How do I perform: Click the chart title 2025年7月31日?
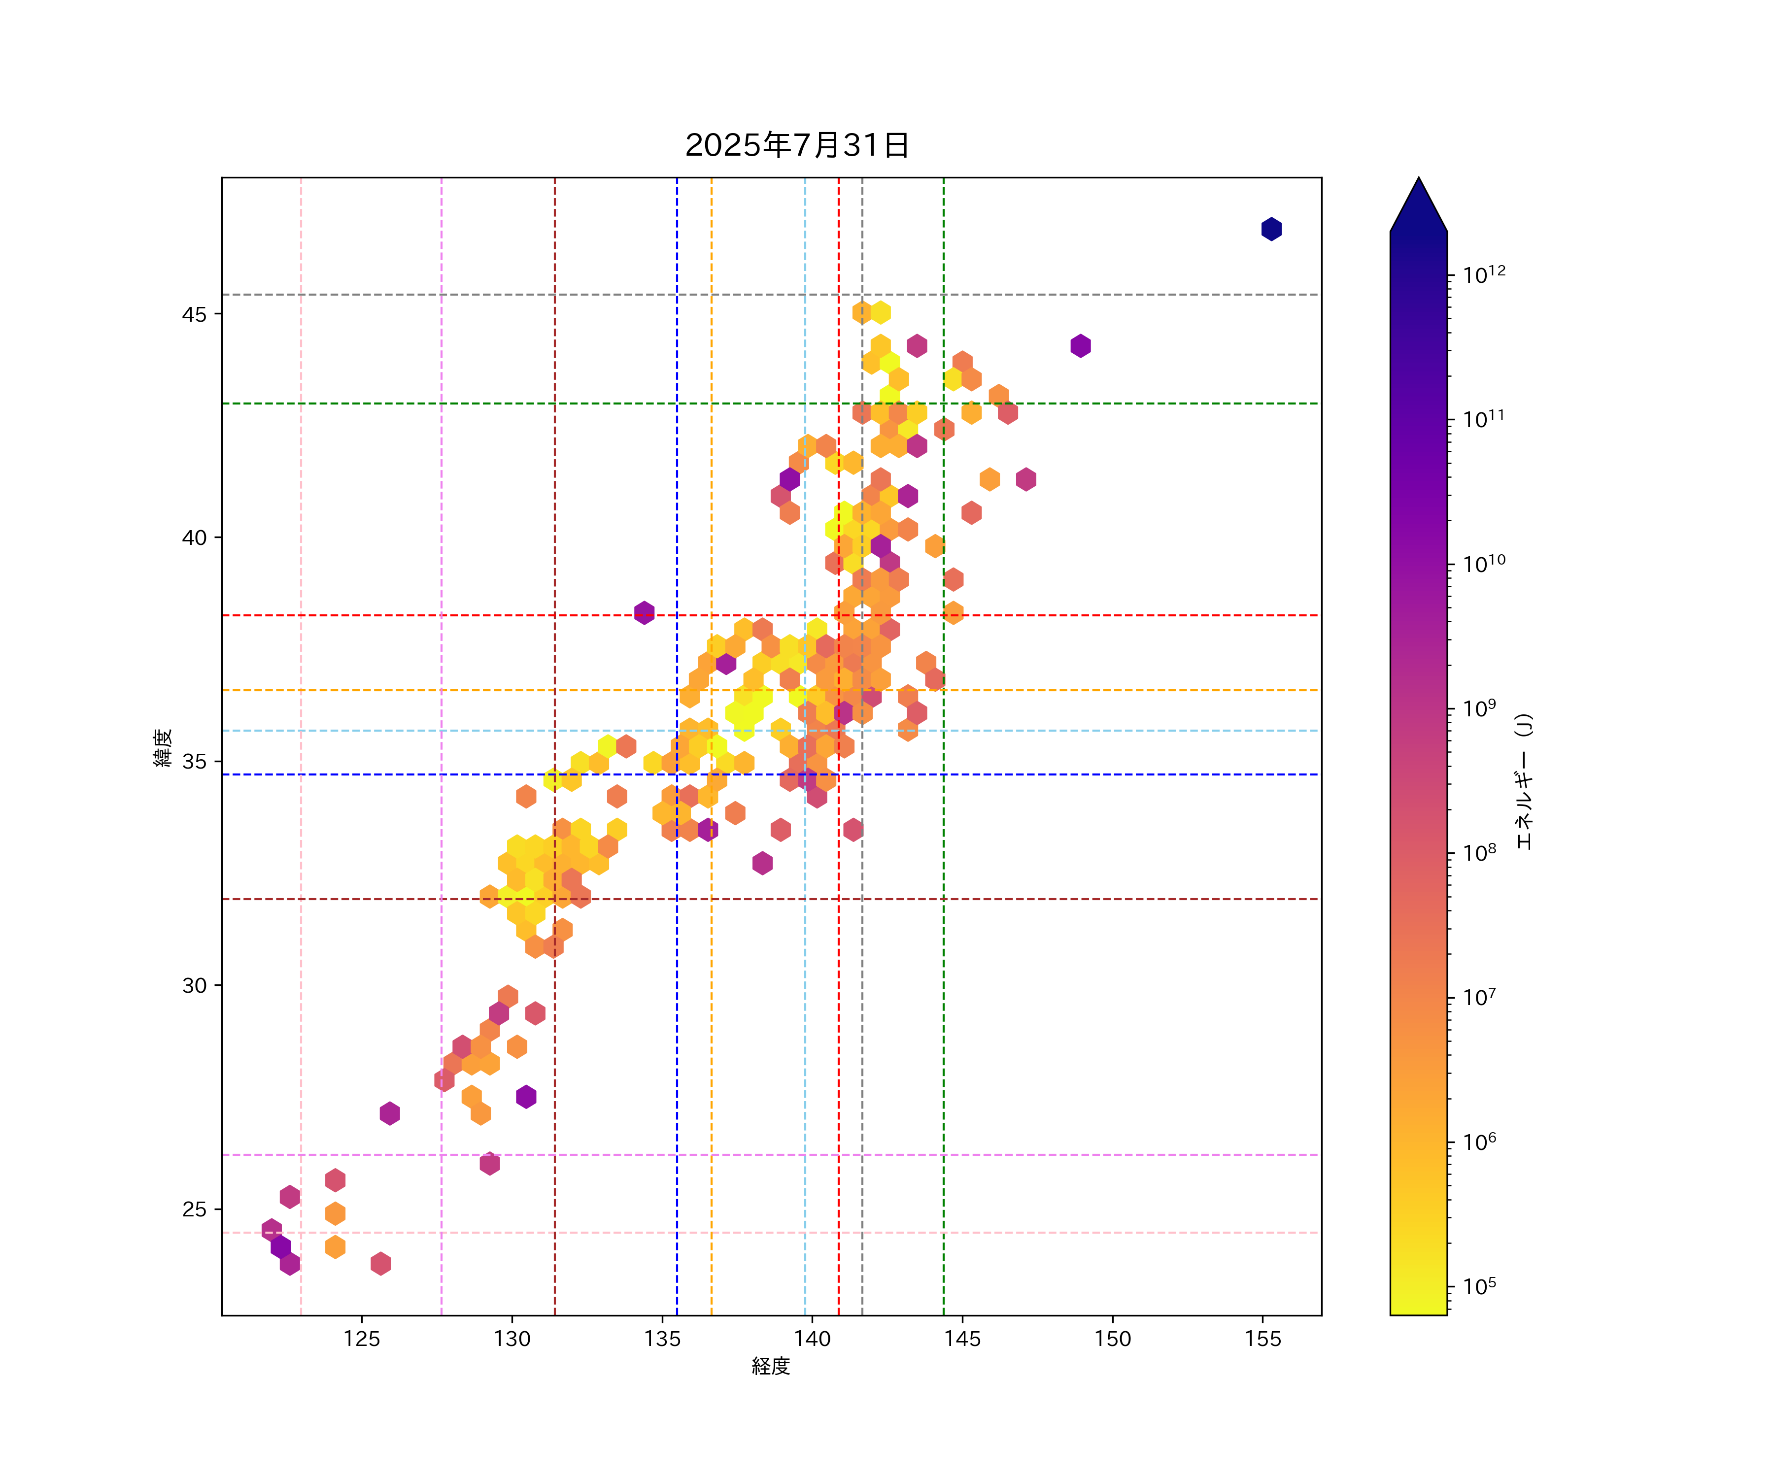(x=797, y=145)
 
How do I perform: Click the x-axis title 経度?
(x=770, y=1366)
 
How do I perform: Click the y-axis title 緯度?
(x=163, y=747)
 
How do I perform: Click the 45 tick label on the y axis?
(x=194, y=314)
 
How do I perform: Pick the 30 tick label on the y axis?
(x=194, y=986)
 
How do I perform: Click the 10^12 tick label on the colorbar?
(x=1484, y=274)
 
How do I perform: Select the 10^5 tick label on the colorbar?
(x=1480, y=1286)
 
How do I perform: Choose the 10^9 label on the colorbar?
(x=1480, y=708)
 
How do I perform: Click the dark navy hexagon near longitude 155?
(x=1271, y=229)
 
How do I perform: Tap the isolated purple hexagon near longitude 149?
(x=1081, y=345)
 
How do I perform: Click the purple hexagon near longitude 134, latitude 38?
(x=645, y=612)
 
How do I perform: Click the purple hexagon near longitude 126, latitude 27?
(x=389, y=1113)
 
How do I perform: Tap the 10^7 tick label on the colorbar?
(x=1480, y=998)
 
